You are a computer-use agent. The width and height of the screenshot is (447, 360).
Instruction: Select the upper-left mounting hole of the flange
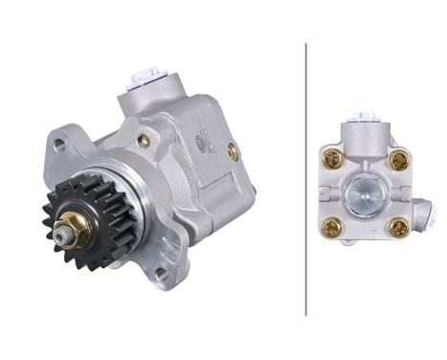[x=59, y=146]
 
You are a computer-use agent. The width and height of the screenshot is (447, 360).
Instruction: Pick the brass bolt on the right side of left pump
[x=232, y=150]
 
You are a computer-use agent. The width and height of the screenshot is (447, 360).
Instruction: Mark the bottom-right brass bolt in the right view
[x=398, y=228]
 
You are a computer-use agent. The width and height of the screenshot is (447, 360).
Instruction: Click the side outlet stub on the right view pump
[x=420, y=210]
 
